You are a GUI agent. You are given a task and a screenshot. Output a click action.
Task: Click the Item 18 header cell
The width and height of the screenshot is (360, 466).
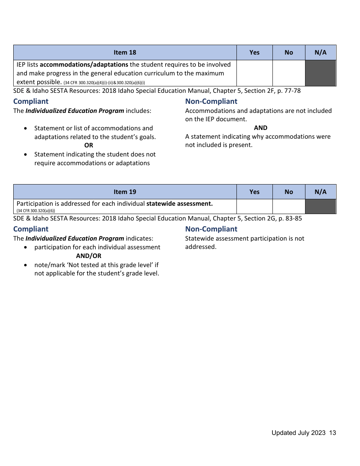click(x=125, y=53)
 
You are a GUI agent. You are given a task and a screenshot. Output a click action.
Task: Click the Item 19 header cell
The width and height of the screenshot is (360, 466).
click(x=125, y=192)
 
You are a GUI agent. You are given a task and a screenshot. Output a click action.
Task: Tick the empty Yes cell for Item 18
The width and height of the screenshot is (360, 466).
click(x=254, y=73)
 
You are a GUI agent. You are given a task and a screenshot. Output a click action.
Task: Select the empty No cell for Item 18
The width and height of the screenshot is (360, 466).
click(x=288, y=73)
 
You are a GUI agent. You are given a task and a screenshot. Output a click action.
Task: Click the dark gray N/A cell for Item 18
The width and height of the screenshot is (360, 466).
click(x=320, y=73)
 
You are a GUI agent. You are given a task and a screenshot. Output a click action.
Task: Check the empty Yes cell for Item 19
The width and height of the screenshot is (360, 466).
click(x=254, y=206)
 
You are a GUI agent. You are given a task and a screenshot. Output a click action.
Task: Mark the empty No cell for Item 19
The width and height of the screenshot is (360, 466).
click(x=288, y=206)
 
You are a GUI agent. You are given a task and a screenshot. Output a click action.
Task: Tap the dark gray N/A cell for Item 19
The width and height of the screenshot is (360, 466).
click(x=320, y=206)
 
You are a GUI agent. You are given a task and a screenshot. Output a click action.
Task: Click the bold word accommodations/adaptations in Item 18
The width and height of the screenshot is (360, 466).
click(x=84, y=64)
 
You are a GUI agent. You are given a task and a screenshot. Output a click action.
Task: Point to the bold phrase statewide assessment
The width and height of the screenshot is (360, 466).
click(x=179, y=203)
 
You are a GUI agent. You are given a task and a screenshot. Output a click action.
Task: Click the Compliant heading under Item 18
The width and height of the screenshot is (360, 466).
click(x=31, y=101)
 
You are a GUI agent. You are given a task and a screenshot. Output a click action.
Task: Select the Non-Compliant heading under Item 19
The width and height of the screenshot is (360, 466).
click(x=211, y=229)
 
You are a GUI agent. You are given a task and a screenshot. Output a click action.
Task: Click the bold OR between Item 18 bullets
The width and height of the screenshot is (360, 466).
click(x=89, y=145)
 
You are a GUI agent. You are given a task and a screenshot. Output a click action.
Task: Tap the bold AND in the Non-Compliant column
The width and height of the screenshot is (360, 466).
click(x=260, y=128)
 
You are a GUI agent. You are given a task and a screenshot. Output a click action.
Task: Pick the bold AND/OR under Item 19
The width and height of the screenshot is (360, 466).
click(x=89, y=256)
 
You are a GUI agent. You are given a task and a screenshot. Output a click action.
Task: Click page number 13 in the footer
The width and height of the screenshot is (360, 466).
click(x=332, y=433)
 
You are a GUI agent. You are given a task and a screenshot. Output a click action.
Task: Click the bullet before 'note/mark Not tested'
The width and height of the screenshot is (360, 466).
click(x=25, y=265)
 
